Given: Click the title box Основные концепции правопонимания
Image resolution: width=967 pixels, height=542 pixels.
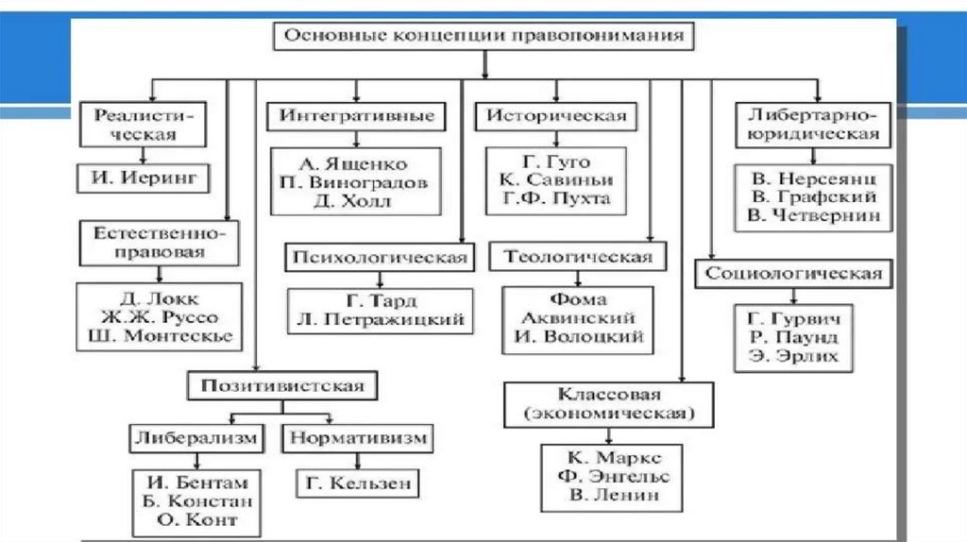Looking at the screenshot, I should (483, 38).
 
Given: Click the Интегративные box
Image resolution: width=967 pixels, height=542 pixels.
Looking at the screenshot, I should (356, 116).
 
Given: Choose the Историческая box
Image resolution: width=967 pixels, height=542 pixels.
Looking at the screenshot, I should (556, 116).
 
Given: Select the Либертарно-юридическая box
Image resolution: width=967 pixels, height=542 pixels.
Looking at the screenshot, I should (813, 125).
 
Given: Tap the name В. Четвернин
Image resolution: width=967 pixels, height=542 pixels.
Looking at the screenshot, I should (813, 215).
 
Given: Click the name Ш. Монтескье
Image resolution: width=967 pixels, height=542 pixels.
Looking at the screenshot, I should (155, 335).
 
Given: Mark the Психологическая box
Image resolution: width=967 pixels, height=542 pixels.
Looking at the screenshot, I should (380, 257).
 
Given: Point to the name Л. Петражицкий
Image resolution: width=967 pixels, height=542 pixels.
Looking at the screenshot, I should (379, 319).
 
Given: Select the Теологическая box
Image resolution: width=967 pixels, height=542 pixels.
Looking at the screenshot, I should (578, 257).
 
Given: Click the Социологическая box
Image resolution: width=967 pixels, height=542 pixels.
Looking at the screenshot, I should (794, 274).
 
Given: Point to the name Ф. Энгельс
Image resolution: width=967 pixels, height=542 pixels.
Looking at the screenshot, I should (611, 475).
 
